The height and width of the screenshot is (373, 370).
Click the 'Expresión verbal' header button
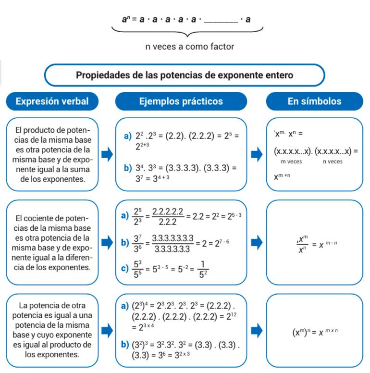(52, 101)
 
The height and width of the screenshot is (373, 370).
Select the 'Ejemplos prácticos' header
(181, 101)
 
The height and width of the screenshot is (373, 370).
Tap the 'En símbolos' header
(314, 101)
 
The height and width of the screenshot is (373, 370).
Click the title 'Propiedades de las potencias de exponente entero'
(185, 75)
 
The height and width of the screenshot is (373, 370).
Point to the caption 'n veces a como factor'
(189, 47)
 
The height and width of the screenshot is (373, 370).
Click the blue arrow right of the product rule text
(107, 154)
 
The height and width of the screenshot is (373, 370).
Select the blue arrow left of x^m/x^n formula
(257, 242)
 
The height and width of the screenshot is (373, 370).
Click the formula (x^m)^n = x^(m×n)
(315, 332)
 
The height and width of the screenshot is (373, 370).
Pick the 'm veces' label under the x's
(291, 162)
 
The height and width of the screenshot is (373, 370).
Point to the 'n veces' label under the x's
(333, 162)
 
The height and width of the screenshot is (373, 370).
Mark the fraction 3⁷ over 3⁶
(138, 243)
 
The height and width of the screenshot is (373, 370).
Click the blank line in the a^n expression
(221, 21)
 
